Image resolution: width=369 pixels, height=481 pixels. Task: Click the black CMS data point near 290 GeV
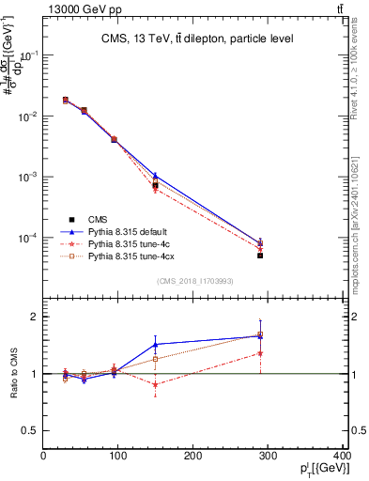pyautogui.click(x=260, y=256)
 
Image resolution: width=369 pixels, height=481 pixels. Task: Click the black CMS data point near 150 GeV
pyautogui.click(x=155, y=185)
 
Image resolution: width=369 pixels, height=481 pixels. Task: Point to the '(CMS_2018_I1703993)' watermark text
pyautogui.click(x=195, y=281)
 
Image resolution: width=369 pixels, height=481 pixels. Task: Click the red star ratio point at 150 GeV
pyautogui.click(x=155, y=384)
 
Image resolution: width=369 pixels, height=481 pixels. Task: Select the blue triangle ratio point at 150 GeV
pyautogui.click(x=155, y=344)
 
